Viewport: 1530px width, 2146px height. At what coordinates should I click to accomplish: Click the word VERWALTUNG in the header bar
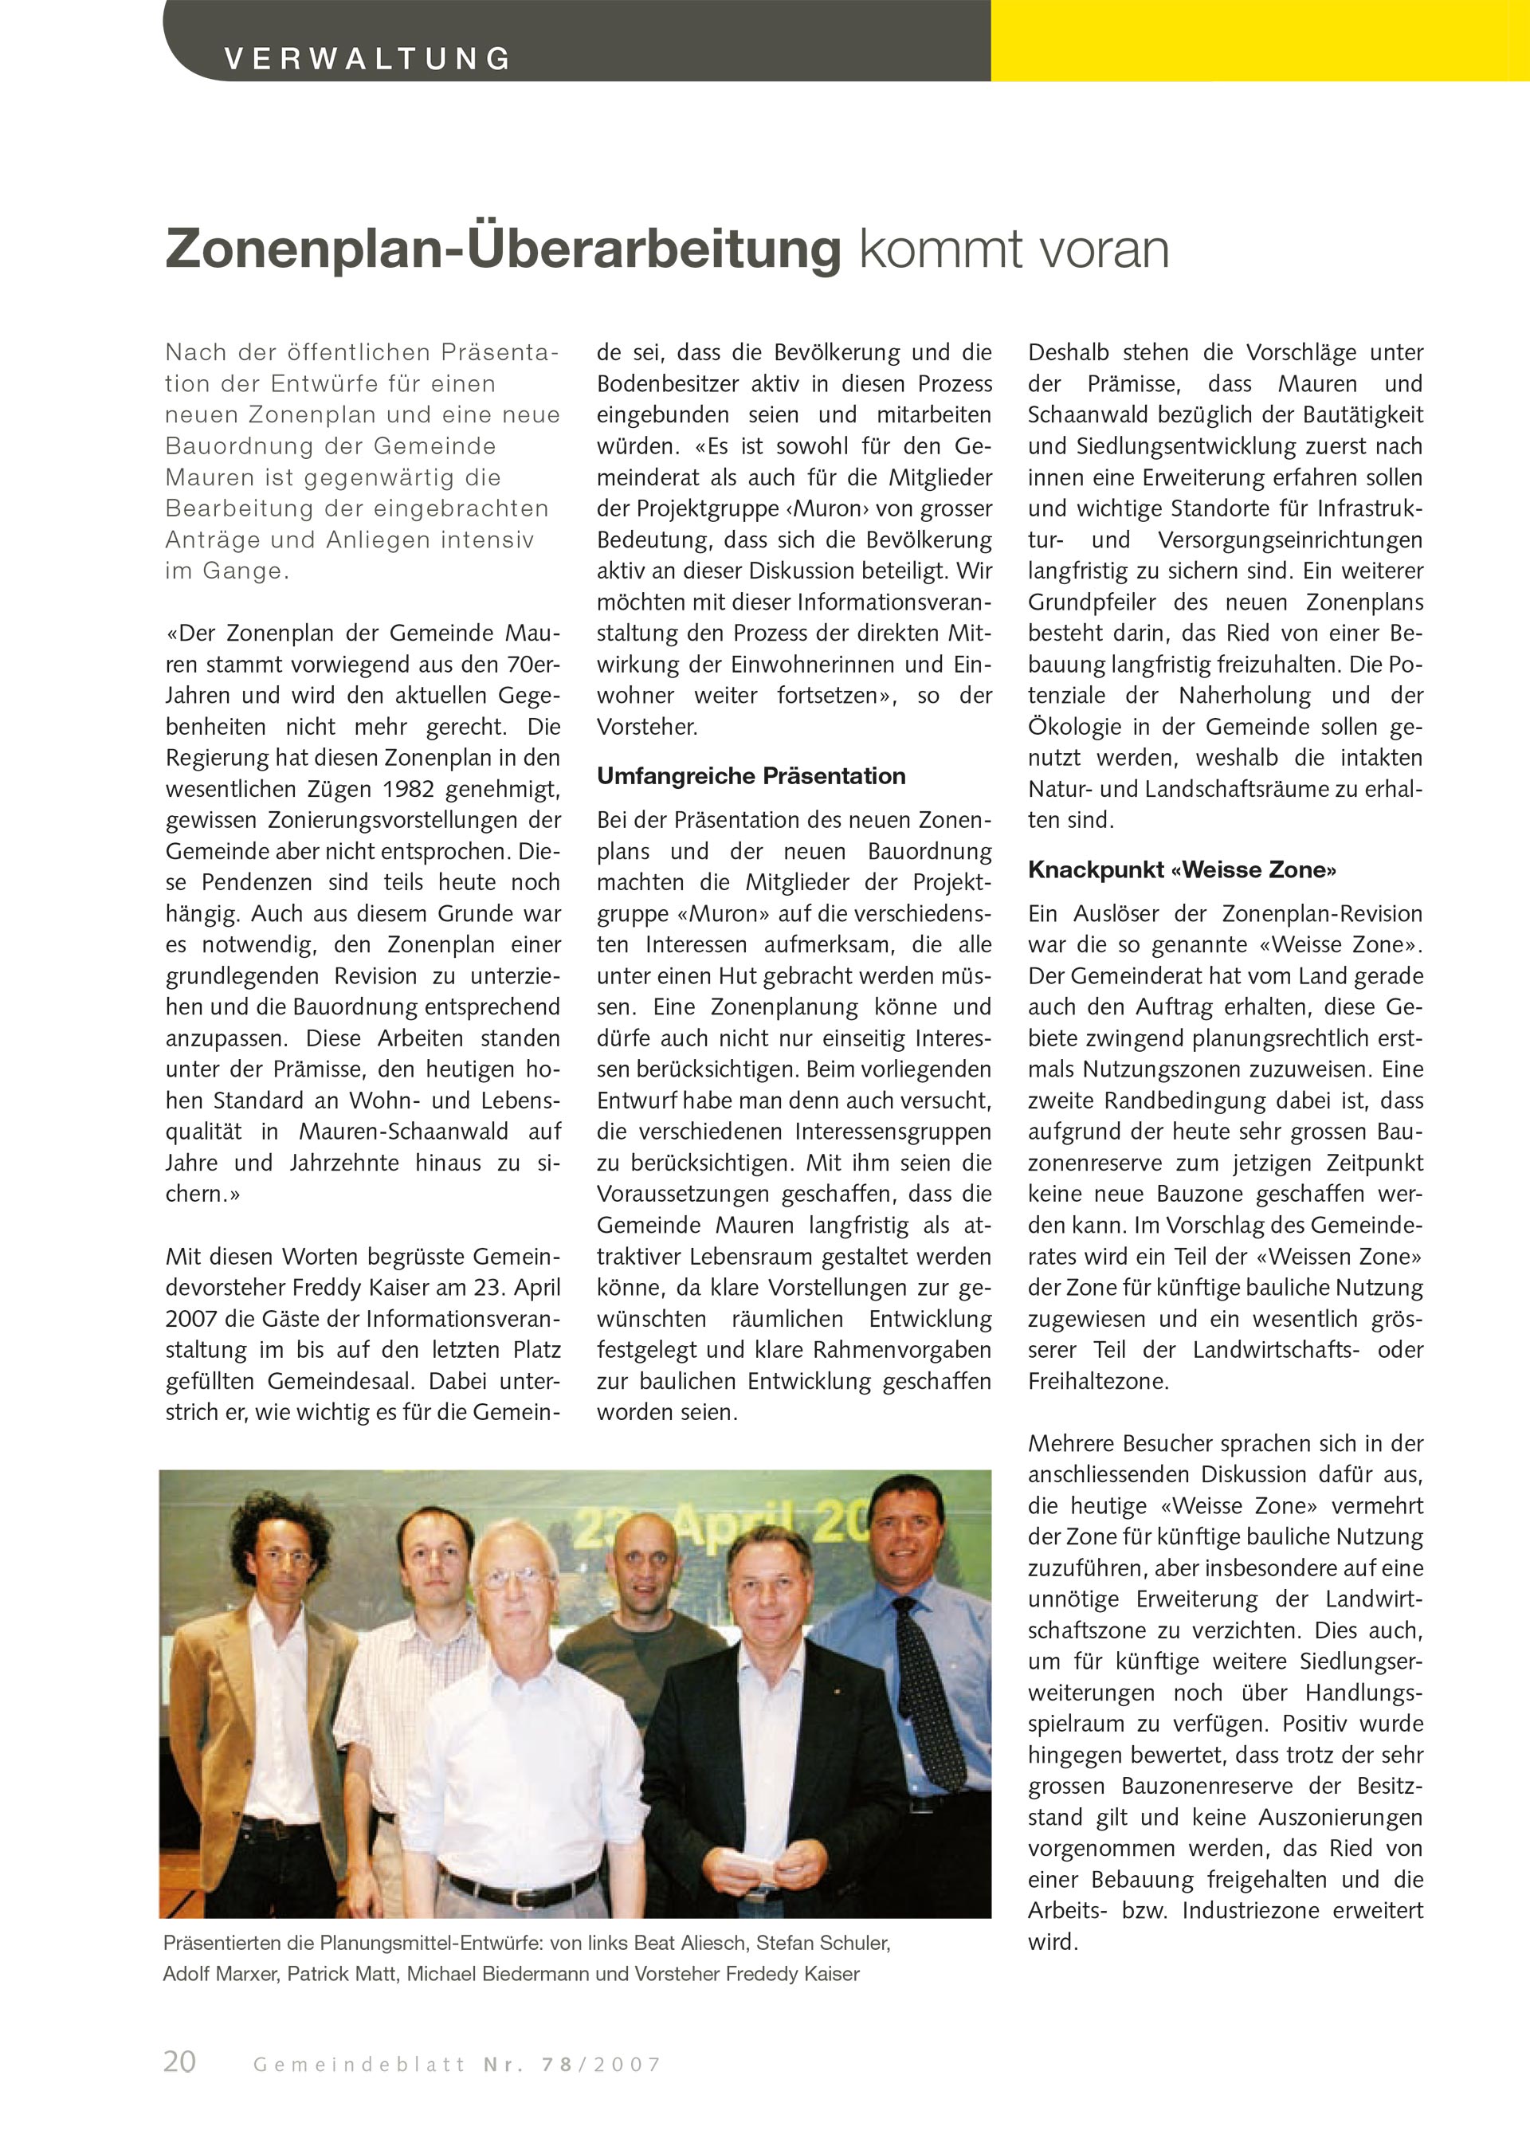367,58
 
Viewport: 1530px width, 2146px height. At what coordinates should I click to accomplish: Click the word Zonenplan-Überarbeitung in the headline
502,249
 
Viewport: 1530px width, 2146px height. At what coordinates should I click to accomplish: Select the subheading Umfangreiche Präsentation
751,776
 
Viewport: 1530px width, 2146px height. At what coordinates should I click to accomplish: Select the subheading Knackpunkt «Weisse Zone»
1182,869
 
